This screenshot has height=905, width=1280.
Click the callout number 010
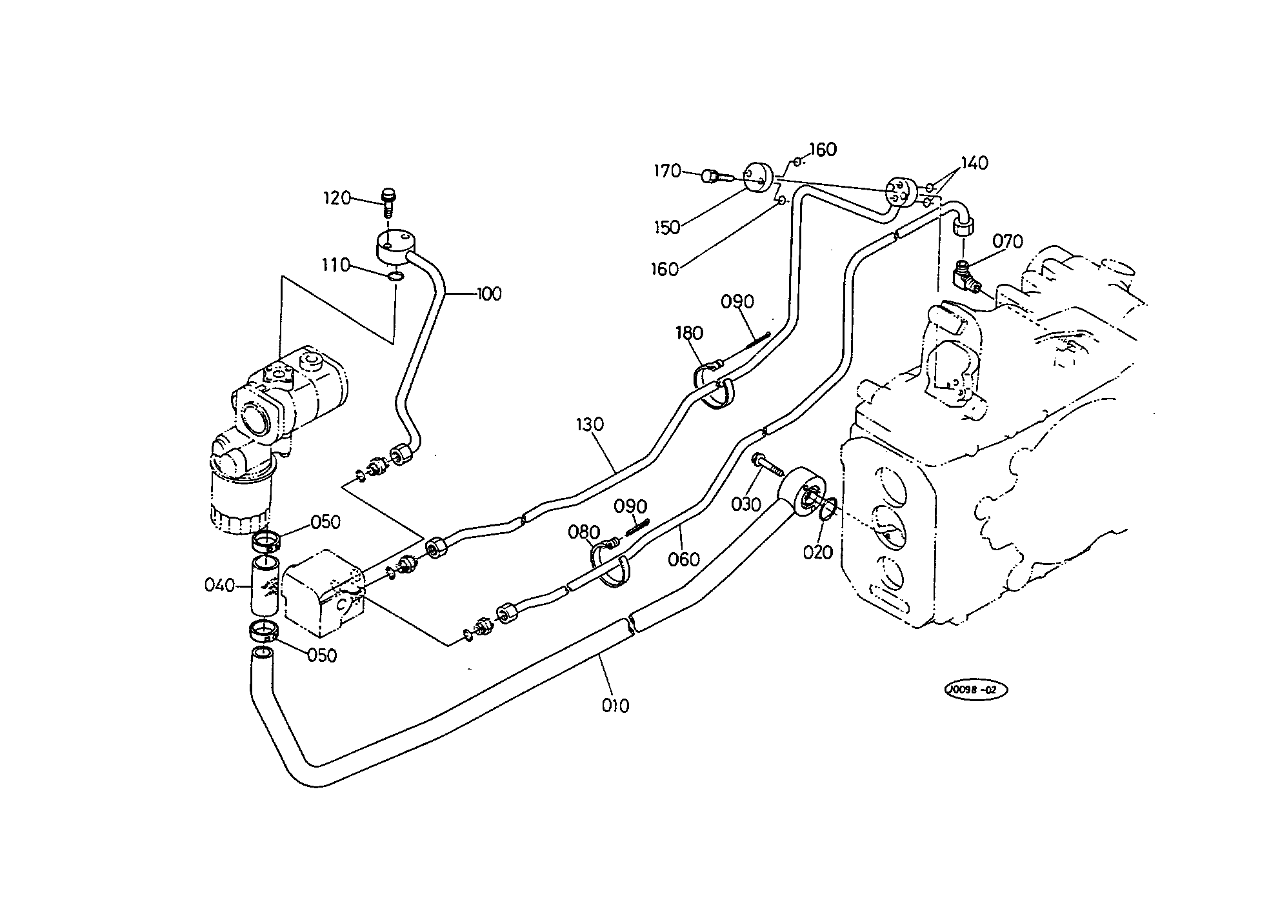tap(615, 706)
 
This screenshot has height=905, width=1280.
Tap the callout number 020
tap(818, 552)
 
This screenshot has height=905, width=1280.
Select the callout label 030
tap(746, 504)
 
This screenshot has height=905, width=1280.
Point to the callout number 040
tap(219, 586)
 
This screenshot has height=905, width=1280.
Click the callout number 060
tap(684, 559)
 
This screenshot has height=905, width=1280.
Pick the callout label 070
tap(1007, 242)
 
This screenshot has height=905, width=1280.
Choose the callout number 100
tap(488, 294)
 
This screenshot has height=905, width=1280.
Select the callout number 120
tap(337, 198)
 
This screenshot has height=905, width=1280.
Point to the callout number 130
tap(590, 424)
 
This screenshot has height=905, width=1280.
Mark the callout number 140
tap(974, 163)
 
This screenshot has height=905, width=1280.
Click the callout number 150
tap(666, 227)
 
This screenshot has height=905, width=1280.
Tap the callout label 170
tap(667, 171)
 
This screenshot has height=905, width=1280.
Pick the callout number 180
tap(689, 333)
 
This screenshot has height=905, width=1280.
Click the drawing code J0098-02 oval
tap(975, 690)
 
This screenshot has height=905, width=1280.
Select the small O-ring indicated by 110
tap(395, 277)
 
